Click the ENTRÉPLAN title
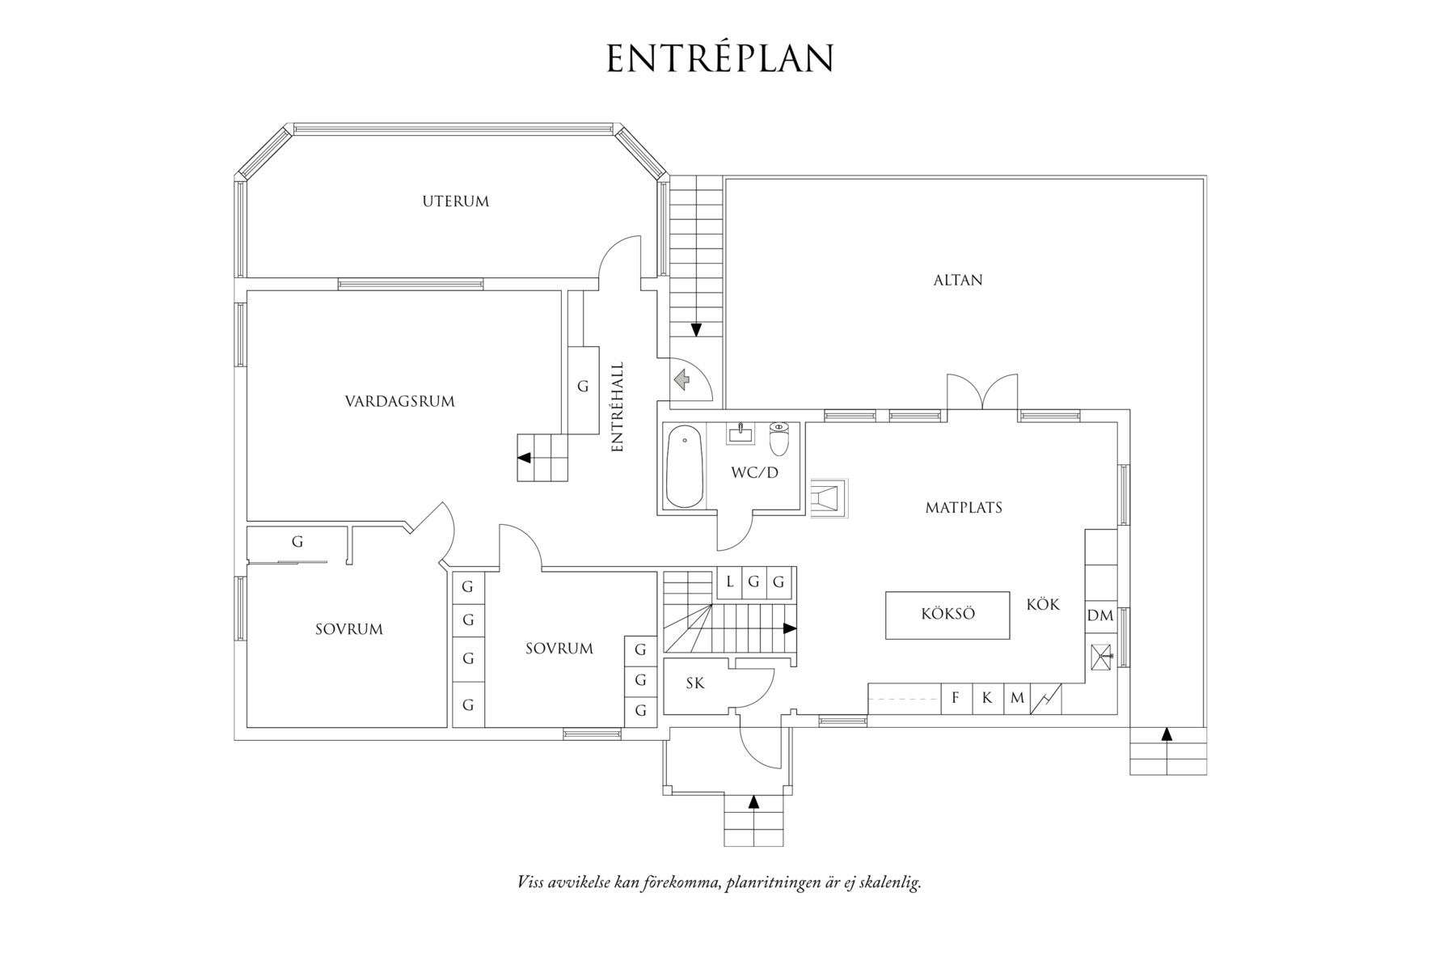click(719, 58)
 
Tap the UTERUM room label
click(455, 201)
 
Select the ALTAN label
click(958, 281)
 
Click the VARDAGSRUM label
click(399, 401)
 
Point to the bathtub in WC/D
click(685, 467)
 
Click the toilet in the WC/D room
click(779, 438)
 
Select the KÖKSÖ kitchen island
click(947, 615)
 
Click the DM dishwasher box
click(1099, 616)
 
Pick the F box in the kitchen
click(956, 698)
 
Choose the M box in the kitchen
click(1017, 698)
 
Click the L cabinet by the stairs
click(730, 581)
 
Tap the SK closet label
click(695, 683)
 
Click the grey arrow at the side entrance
click(681, 379)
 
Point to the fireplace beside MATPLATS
click(828, 499)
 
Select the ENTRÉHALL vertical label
click(618, 406)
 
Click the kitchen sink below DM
click(1101, 655)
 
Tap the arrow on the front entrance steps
click(753, 802)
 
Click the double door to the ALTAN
click(982, 394)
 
